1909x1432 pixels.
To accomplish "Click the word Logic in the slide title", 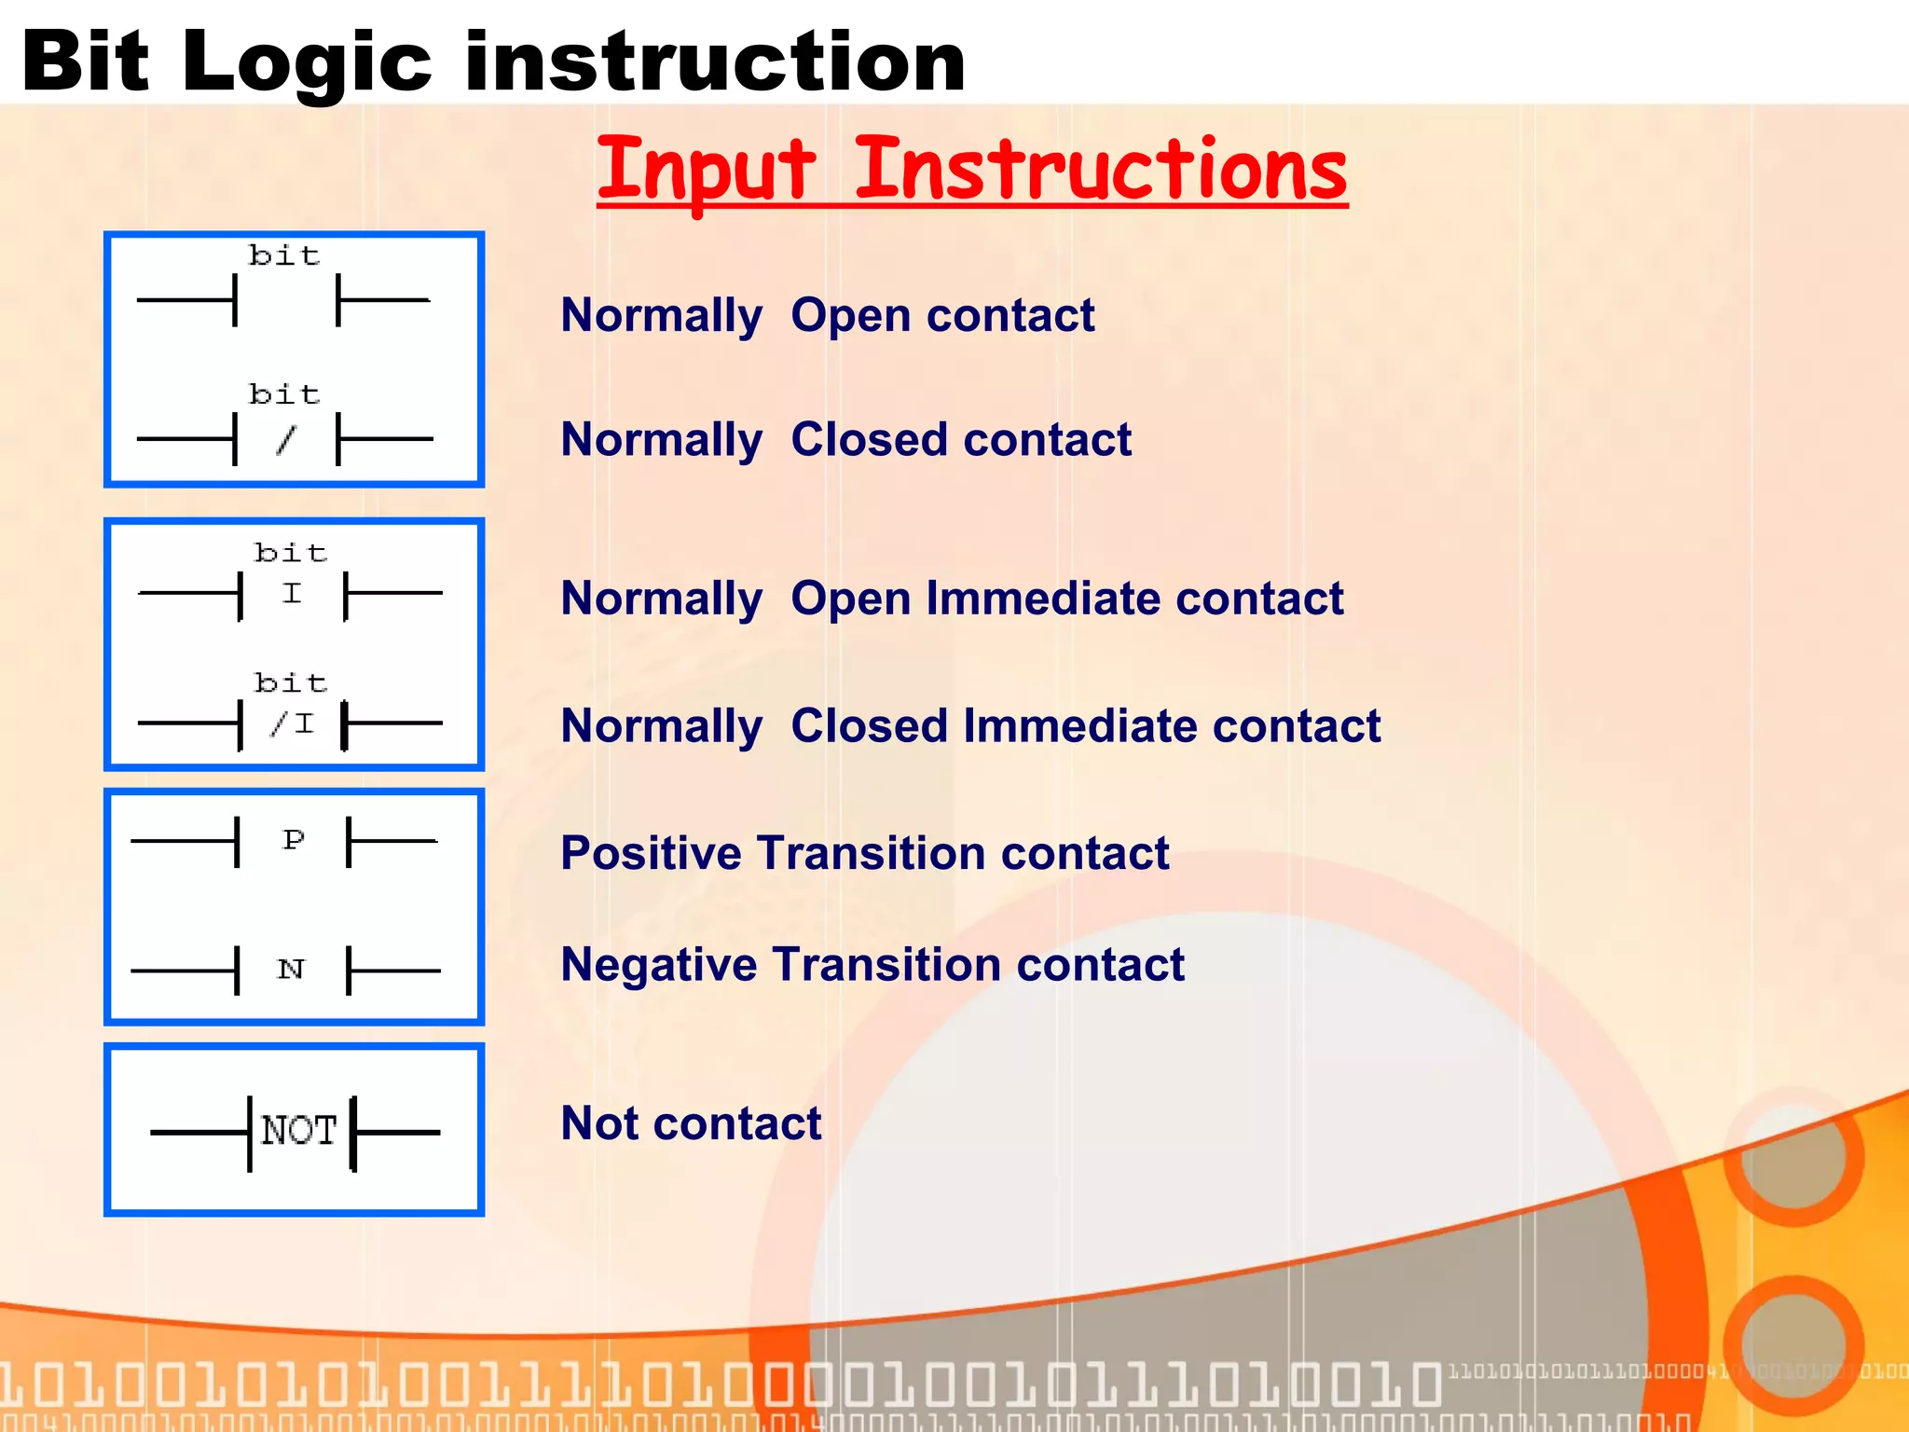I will click(x=307, y=63).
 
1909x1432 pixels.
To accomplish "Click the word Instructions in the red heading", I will click(x=1100, y=170).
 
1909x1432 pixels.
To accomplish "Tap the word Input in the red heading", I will click(x=706, y=170).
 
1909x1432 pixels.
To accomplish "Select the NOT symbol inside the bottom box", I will click(x=298, y=1131).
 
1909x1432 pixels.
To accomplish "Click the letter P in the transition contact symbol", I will click(x=294, y=840).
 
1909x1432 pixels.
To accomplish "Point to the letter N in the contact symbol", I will click(x=291, y=970).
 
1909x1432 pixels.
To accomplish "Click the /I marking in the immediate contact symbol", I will click(x=293, y=724).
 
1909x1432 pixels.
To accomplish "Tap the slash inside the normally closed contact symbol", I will click(x=286, y=440).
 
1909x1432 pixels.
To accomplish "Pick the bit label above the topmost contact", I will click(x=284, y=255).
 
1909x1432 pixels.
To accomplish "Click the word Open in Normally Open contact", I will click(x=850, y=315).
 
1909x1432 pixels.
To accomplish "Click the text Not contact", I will click(x=691, y=1122).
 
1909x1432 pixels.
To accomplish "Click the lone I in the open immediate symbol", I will click(x=292, y=594).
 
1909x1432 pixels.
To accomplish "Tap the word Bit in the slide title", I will click(x=86, y=63).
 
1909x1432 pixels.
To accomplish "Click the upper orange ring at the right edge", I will click(x=1792, y=1156).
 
